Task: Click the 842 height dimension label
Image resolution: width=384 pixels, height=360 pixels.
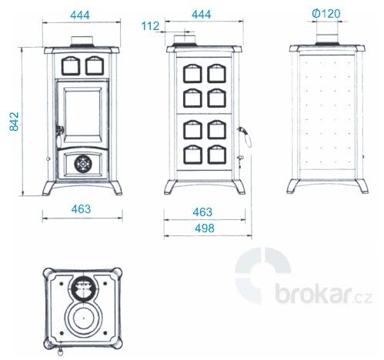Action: [x=14, y=122]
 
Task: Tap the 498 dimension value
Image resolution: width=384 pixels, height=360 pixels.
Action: [x=205, y=228]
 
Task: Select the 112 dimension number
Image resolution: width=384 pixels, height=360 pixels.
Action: [x=150, y=26]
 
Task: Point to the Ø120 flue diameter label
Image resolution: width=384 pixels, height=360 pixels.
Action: [x=326, y=13]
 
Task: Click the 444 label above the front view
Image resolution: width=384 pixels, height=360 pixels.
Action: [x=80, y=15]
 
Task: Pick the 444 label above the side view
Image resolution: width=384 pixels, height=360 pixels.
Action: [x=202, y=15]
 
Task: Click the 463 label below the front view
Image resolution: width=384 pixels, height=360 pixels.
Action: [x=81, y=209]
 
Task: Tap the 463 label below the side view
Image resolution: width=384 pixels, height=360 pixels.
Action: [x=202, y=212]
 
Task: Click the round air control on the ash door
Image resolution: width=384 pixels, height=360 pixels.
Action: [x=82, y=164]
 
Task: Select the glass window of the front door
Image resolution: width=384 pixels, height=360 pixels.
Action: [x=82, y=114]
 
